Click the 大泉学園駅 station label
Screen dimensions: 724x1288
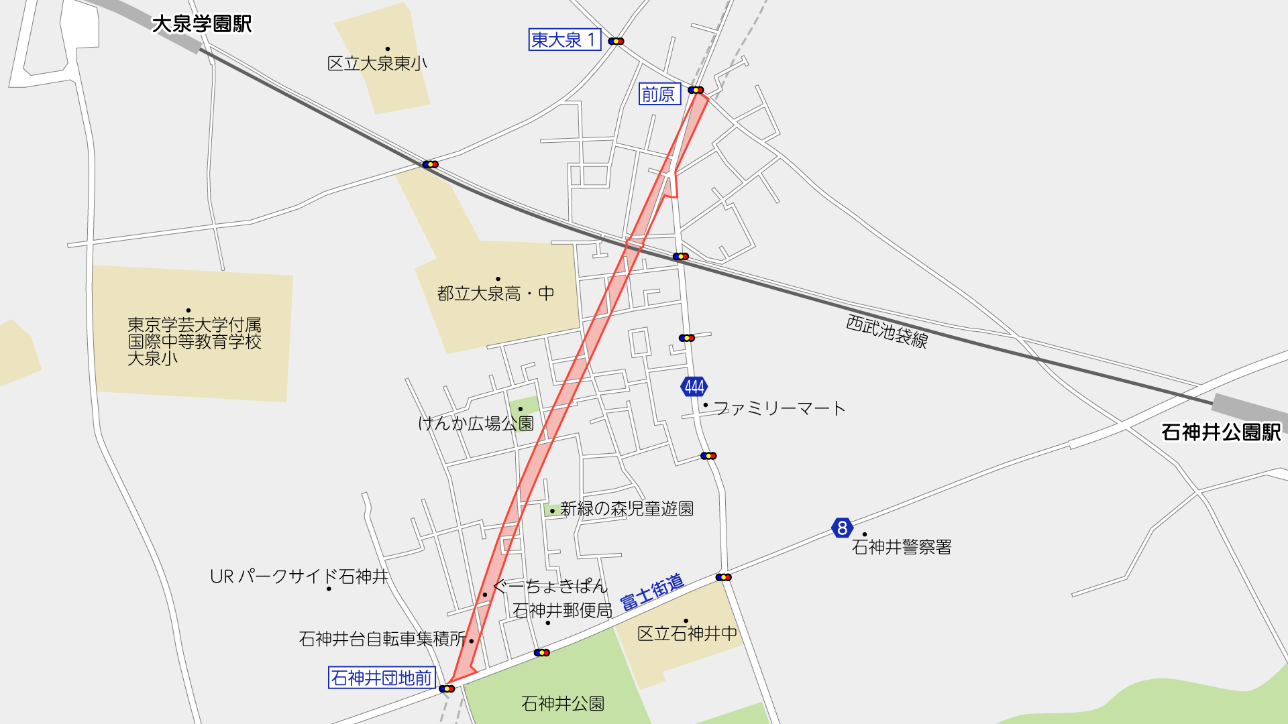pyautogui.click(x=201, y=24)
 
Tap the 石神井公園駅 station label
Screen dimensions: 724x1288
pyautogui.click(x=1221, y=432)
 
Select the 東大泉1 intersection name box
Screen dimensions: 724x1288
pyautogui.click(x=564, y=40)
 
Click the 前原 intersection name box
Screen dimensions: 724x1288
pyautogui.click(x=659, y=95)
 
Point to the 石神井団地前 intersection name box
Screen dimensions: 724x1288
pyautogui.click(x=382, y=678)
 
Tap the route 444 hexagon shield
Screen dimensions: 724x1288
pyautogui.click(x=694, y=387)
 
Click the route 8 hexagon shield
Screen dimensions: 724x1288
pyautogui.click(x=842, y=528)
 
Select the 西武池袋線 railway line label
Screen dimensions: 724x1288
pyautogui.click(x=887, y=331)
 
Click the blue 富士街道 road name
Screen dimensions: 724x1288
pyautogui.click(x=651, y=592)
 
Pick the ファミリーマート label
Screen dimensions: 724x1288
pyautogui.click(x=780, y=408)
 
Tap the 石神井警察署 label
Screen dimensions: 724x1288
pyautogui.click(x=902, y=547)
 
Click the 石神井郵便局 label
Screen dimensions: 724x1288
pyautogui.click(x=562, y=611)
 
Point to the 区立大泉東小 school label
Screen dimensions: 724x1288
pyautogui.click(x=377, y=64)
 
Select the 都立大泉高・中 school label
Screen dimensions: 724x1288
pyautogui.click(x=496, y=294)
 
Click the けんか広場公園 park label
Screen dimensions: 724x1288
pyautogui.click(x=476, y=424)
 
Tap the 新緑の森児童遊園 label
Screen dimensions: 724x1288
pyautogui.click(x=627, y=509)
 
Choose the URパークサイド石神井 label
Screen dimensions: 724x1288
pyautogui.click(x=299, y=577)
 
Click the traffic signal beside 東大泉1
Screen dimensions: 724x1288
pyautogui.click(x=616, y=42)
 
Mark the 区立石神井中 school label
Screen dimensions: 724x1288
pyautogui.click(x=687, y=633)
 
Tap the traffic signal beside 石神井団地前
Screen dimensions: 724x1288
pyautogui.click(x=447, y=688)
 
